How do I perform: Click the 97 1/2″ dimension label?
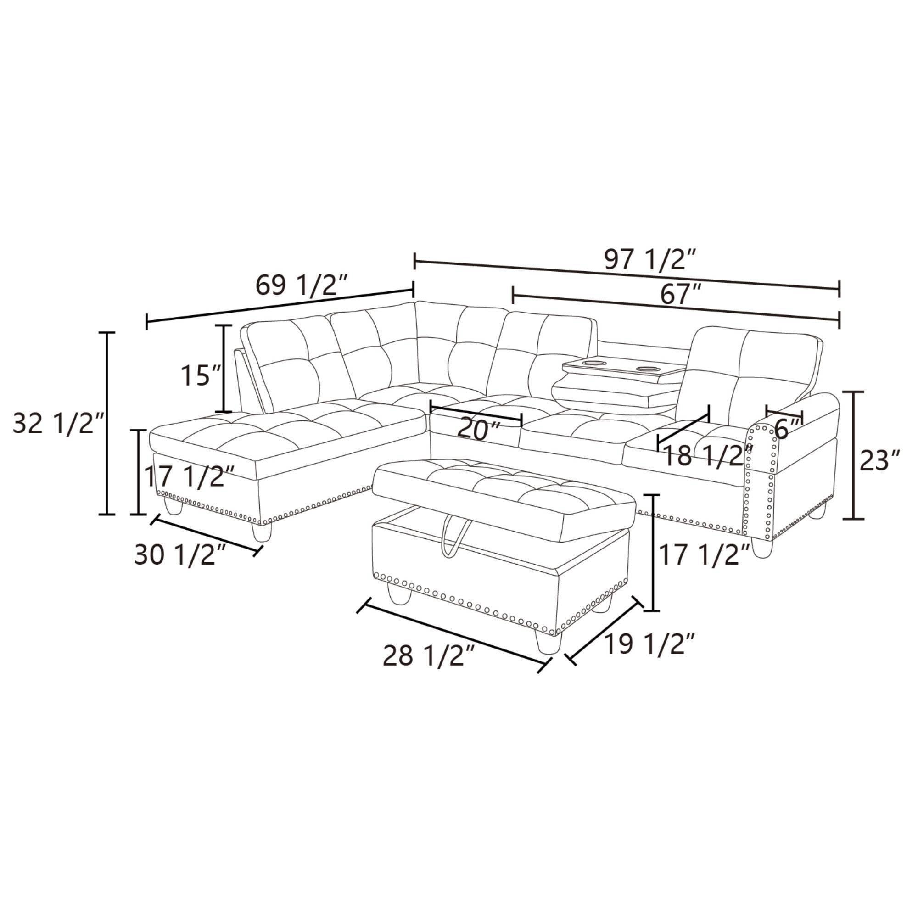(x=650, y=260)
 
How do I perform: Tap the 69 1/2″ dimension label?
(x=302, y=285)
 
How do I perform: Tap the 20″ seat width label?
(x=479, y=430)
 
